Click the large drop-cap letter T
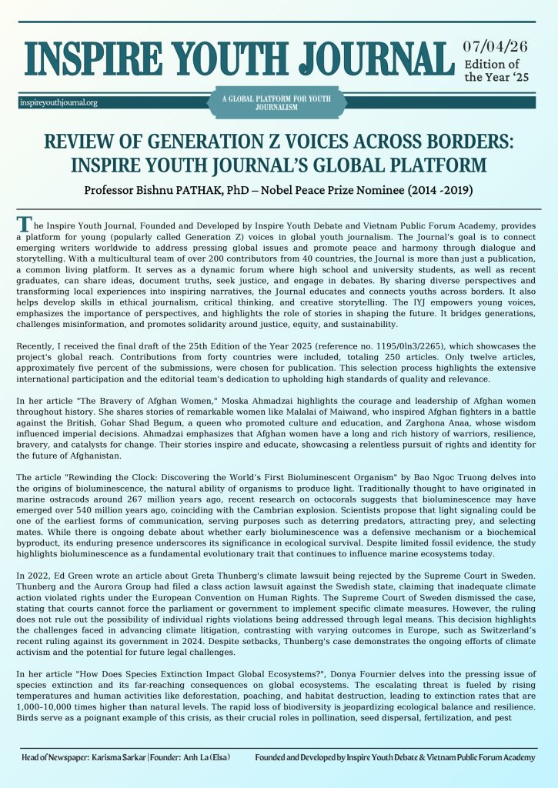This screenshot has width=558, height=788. (x=25, y=225)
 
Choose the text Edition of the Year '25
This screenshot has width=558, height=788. (x=493, y=71)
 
